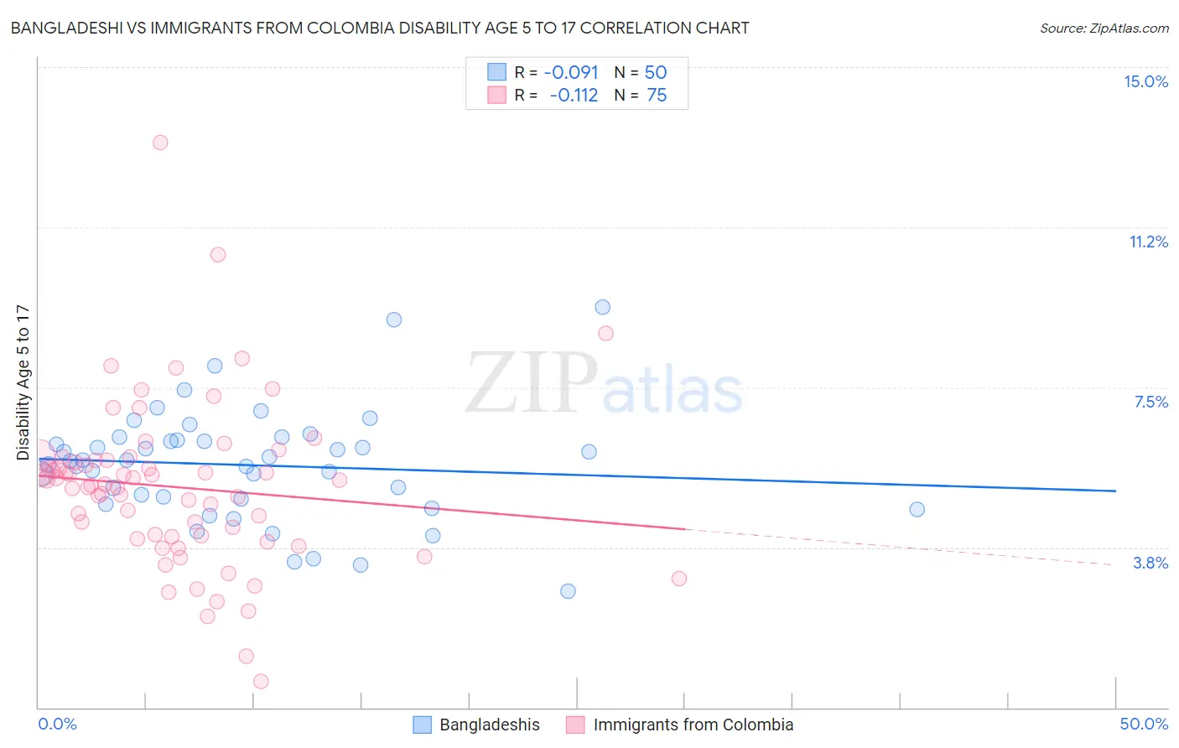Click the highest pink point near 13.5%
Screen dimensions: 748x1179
pyautogui.click(x=160, y=143)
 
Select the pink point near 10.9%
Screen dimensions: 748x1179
pyautogui.click(x=218, y=255)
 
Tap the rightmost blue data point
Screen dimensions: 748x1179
pyautogui.click(x=917, y=510)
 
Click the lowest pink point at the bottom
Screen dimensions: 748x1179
pyautogui.click(x=261, y=682)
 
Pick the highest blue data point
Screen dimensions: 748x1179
pyautogui.click(x=602, y=308)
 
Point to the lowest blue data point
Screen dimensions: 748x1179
pyautogui.click(x=568, y=591)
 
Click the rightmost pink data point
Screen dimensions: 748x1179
pyautogui.click(x=679, y=579)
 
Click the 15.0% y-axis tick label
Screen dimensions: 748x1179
pyautogui.click(x=1145, y=81)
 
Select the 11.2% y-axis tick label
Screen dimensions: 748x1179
pyautogui.click(x=1148, y=242)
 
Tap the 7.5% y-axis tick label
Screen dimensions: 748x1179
pyautogui.click(x=1150, y=403)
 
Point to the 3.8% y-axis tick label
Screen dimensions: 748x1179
pyautogui.click(x=1150, y=564)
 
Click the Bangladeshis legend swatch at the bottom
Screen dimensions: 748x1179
pyautogui.click(x=422, y=725)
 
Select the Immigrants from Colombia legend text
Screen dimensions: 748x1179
pyautogui.click(x=693, y=725)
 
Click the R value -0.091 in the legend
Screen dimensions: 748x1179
pyautogui.click(x=571, y=73)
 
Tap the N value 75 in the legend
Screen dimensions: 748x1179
pyautogui.click(x=657, y=96)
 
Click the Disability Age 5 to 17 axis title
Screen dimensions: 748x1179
pyautogui.click(x=23, y=382)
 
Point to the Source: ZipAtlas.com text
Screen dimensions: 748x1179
pyautogui.click(x=1104, y=29)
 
